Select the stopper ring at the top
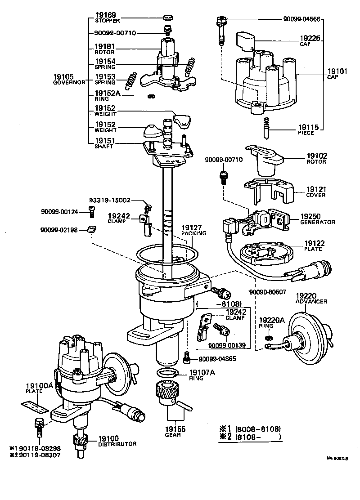coord(168,18)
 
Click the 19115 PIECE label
coord(309,130)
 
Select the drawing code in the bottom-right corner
coord(338,458)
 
